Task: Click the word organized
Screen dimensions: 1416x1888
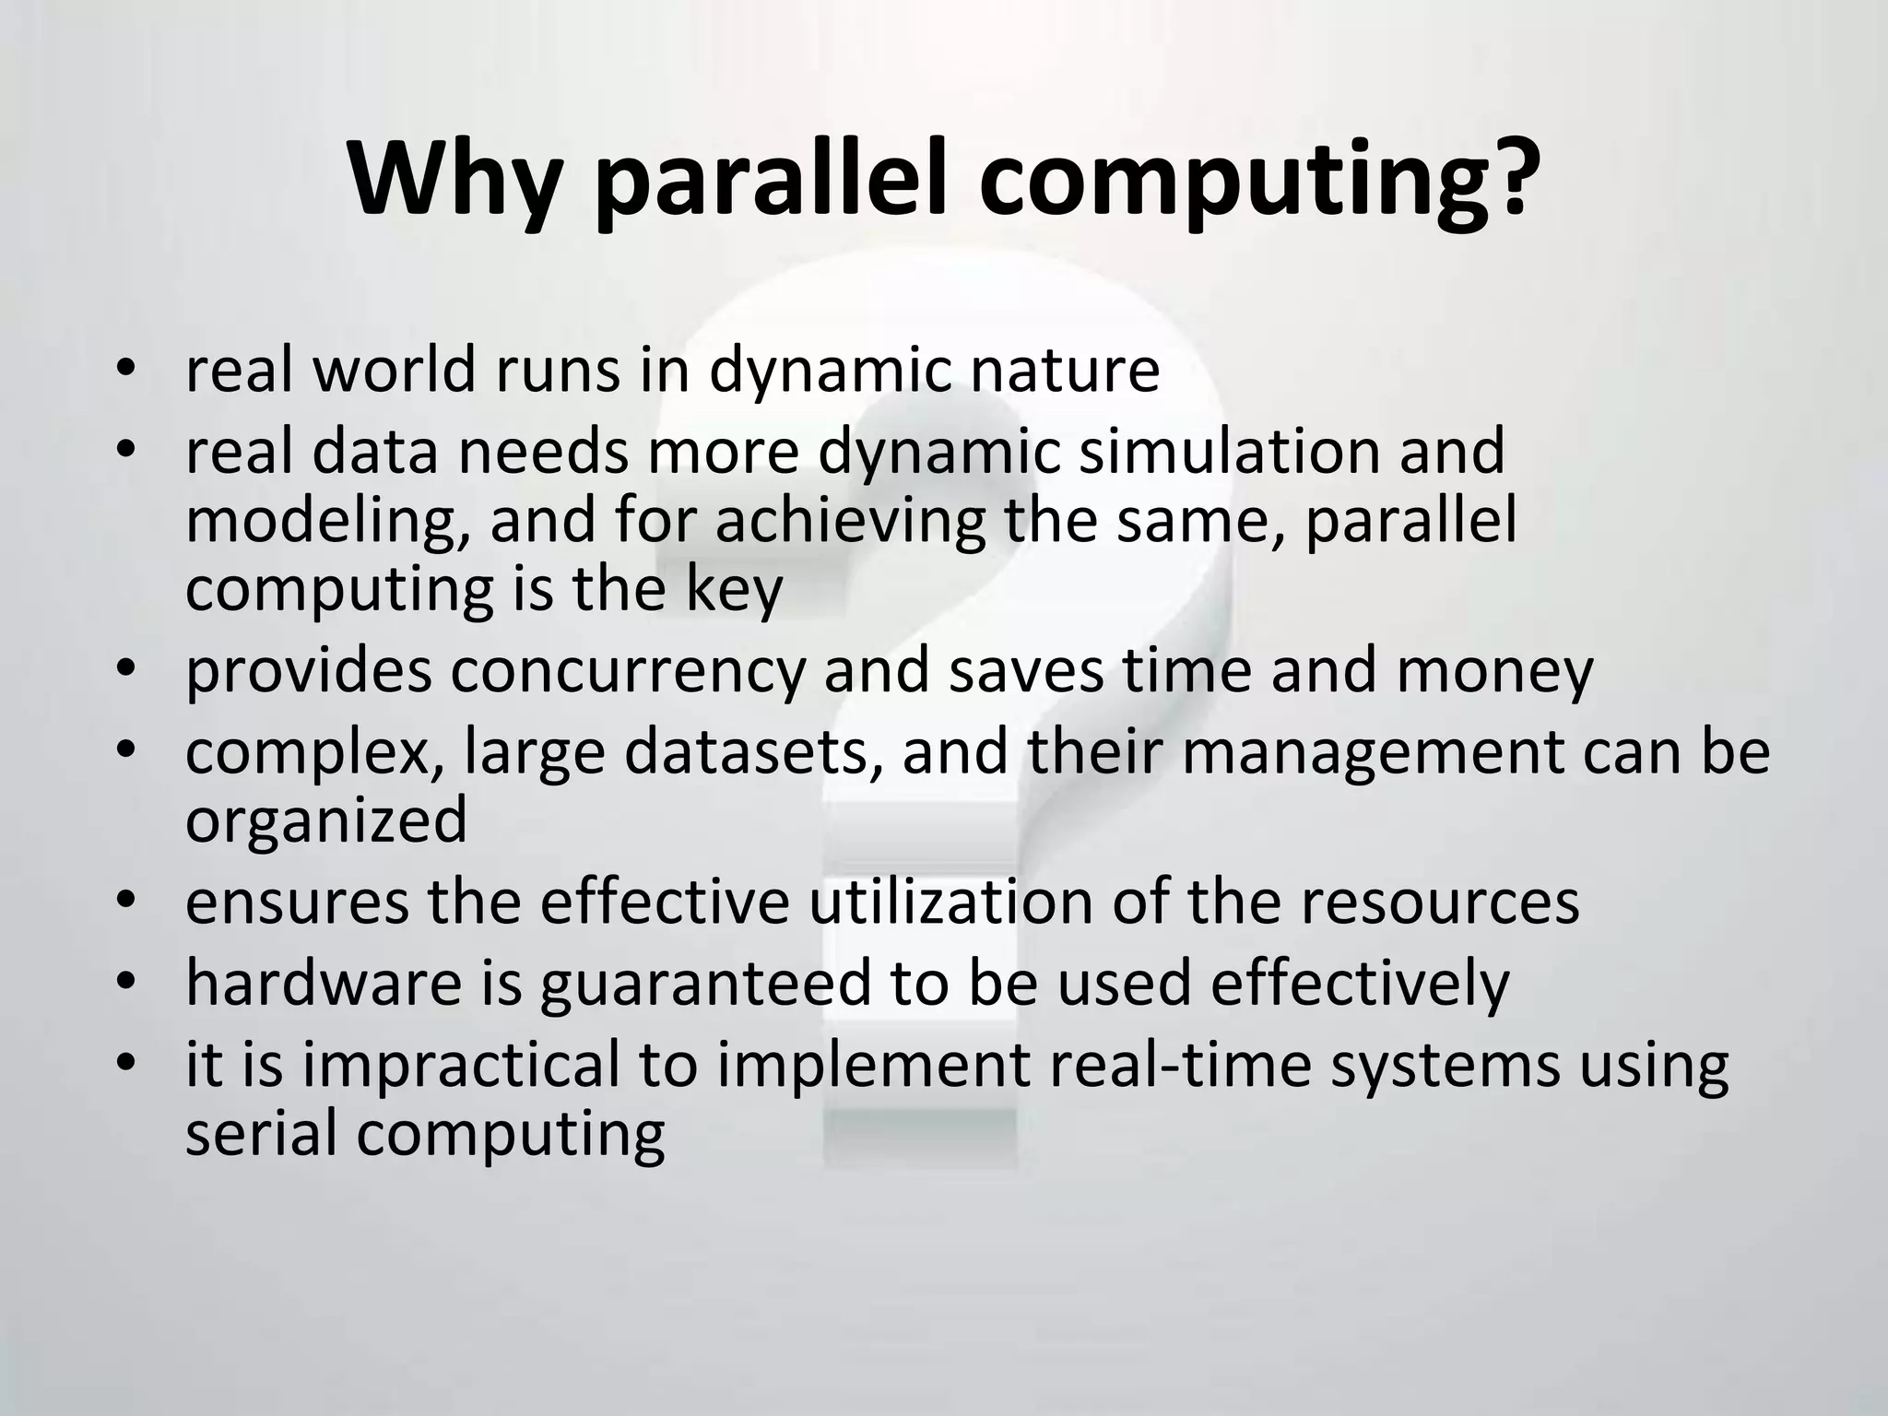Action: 326,820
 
